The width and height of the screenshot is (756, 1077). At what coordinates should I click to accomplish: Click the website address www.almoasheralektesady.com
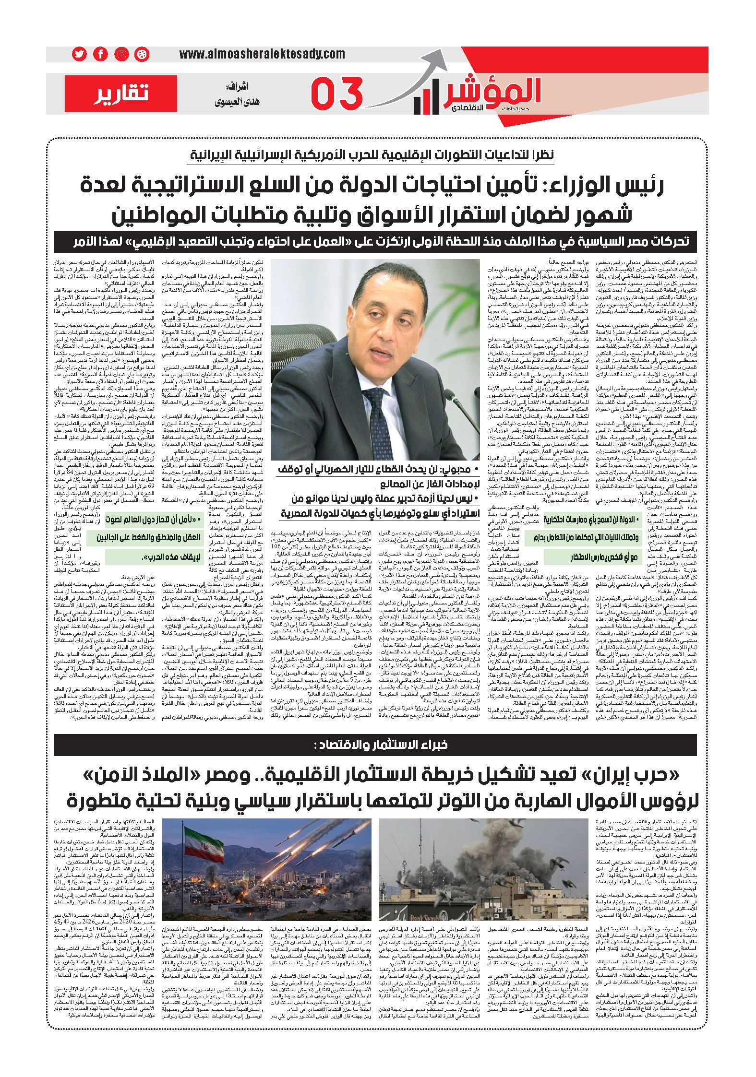262,54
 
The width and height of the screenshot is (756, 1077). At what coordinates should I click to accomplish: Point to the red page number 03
336,94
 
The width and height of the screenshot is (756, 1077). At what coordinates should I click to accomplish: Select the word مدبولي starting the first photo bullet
456,468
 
